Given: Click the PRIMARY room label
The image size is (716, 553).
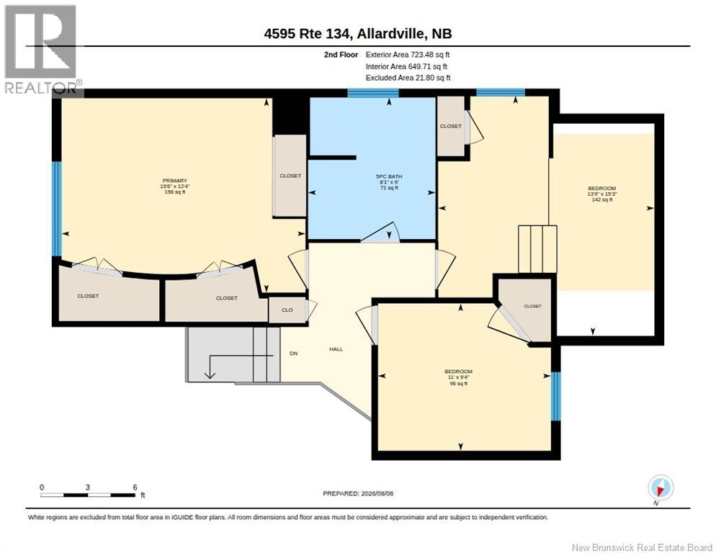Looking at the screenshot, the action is pyautogui.click(x=174, y=181).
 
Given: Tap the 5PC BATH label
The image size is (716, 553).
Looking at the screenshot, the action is pyautogui.click(x=389, y=176).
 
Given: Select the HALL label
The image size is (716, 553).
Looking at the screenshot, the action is pyautogui.click(x=336, y=349).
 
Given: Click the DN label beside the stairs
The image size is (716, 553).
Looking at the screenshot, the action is pyautogui.click(x=294, y=354).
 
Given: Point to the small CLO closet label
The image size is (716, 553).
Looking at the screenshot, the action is pyautogui.click(x=287, y=310).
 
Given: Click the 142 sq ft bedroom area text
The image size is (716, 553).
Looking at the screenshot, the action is pyautogui.click(x=602, y=199).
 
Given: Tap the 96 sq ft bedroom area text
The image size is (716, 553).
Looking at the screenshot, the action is pyautogui.click(x=458, y=384).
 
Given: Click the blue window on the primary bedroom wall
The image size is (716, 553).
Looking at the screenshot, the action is pyautogui.click(x=57, y=209).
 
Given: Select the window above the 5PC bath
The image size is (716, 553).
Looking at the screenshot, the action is pyautogui.click(x=373, y=93).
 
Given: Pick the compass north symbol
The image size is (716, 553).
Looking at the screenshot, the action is pyautogui.click(x=660, y=488).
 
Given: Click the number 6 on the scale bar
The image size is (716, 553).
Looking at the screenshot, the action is pyautogui.click(x=135, y=487).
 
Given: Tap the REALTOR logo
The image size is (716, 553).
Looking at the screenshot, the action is pyautogui.click(x=41, y=49).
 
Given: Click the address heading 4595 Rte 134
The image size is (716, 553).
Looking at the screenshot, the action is pyautogui.click(x=308, y=34).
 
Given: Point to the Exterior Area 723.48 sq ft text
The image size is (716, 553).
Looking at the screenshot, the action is pyautogui.click(x=408, y=55).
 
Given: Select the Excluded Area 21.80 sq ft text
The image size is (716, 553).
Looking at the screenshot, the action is pyautogui.click(x=408, y=78).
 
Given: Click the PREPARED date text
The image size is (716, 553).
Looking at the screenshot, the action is pyautogui.click(x=358, y=494).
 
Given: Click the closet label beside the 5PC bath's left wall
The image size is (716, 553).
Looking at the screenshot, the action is pyautogui.click(x=290, y=176).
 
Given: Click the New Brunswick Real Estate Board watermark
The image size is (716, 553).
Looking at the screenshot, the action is pyautogui.click(x=642, y=547).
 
